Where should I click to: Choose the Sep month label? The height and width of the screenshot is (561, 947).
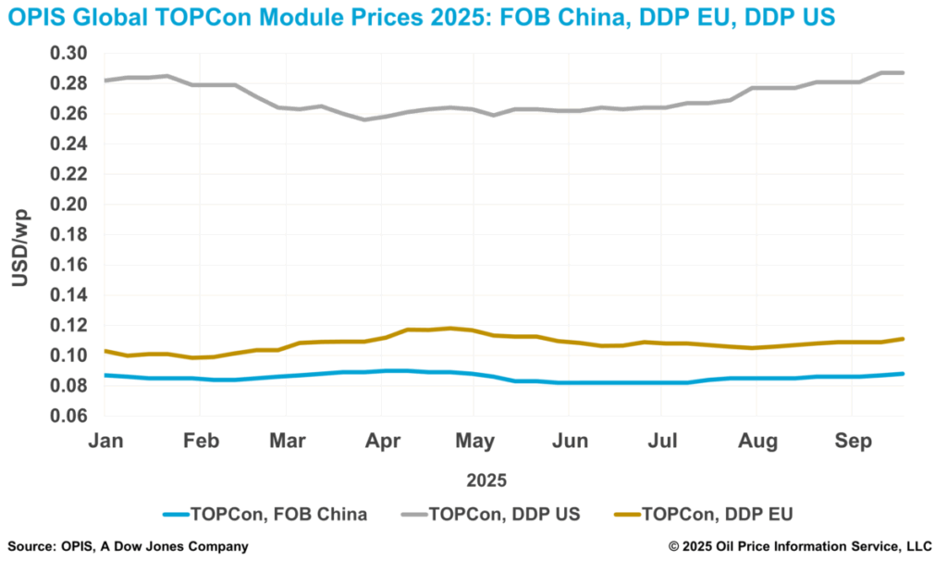pos(853,442)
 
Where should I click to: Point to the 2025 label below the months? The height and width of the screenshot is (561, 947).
pos(486,480)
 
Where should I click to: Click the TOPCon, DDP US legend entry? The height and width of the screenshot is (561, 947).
pos(490,514)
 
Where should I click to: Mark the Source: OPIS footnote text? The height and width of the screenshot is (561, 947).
pos(128,547)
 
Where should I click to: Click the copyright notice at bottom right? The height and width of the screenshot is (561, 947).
pos(802,547)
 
